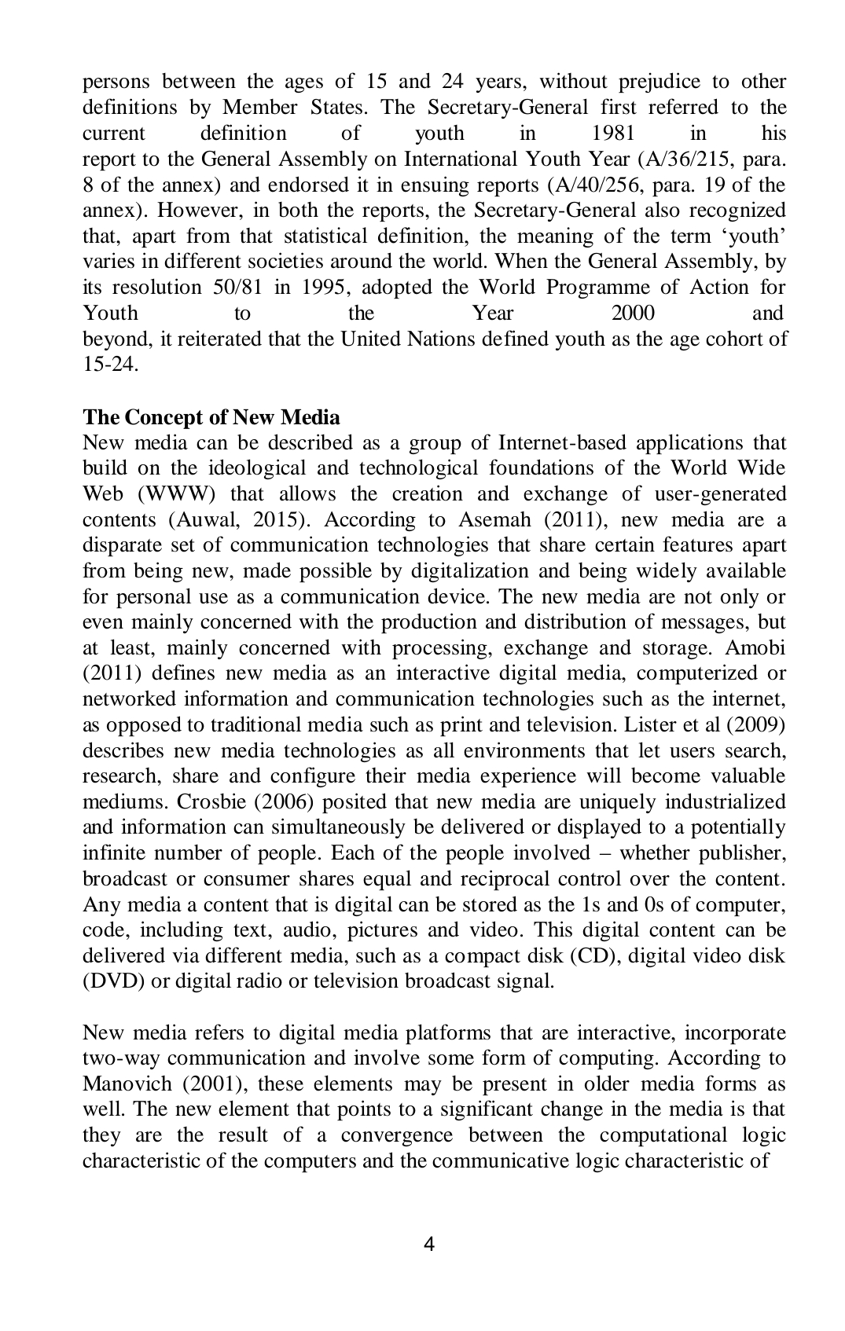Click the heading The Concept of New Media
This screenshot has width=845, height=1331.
[x=211, y=417]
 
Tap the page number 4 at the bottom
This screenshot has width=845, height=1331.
[x=429, y=1244]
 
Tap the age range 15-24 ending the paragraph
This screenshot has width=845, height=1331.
[x=110, y=365]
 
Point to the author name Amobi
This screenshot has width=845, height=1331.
[x=755, y=648]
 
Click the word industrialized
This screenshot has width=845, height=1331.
[x=725, y=802]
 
